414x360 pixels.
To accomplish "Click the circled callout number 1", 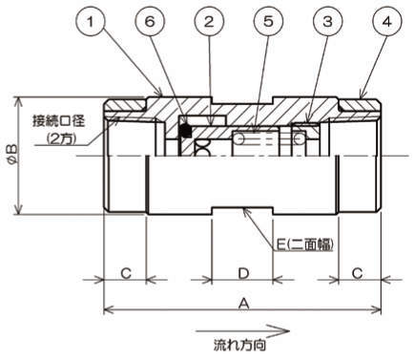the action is tap(91, 22).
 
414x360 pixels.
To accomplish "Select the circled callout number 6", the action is tap(150, 22).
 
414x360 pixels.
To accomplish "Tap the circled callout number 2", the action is tap(209, 22).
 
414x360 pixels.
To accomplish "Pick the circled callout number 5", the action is tap(268, 22).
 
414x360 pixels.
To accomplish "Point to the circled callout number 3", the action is tap(328, 22).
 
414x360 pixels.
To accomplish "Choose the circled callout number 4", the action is tap(387, 22).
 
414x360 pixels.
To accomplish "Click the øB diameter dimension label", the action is tap(10, 155).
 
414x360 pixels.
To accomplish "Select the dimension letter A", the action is tap(243, 304).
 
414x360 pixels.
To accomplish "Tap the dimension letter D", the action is tap(243, 273).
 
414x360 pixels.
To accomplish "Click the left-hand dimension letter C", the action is tap(126, 273).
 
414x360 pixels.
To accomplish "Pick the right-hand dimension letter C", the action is tap(358, 273).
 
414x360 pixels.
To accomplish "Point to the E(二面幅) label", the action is tap(304, 244).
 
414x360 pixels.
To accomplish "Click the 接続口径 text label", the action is tap(59, 122).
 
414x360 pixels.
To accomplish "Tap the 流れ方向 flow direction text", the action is tap(239, 345).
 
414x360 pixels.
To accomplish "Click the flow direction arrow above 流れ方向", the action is tap(242, 331).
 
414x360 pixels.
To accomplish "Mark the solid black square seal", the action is tap(186, 131).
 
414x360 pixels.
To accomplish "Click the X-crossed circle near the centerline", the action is tap(202, 148).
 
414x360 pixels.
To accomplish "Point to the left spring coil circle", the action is tap(239, 138).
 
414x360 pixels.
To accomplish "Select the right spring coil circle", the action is tap(299, 138).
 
